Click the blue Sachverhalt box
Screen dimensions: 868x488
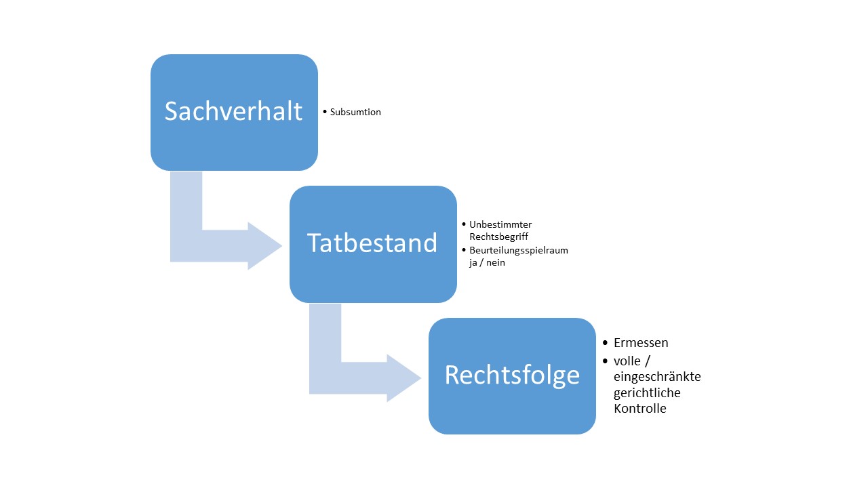234,113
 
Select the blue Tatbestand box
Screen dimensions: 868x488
373,244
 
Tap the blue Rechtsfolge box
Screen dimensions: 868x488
512,376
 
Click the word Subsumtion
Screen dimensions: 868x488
355,113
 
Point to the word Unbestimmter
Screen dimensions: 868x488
500,224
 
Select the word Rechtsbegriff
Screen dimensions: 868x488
498,237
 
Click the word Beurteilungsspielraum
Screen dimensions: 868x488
519,251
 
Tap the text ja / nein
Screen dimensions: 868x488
487,262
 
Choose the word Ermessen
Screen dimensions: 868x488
641,343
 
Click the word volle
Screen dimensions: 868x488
627,361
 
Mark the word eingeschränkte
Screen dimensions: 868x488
657,377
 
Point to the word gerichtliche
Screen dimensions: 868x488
647,393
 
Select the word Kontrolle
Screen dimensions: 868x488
640,408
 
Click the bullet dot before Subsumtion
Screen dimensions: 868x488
325,112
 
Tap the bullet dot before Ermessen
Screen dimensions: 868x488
606,343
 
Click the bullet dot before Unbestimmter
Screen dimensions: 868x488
464,224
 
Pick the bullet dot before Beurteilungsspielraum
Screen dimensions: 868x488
464,250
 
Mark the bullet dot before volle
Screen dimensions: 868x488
606,361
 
